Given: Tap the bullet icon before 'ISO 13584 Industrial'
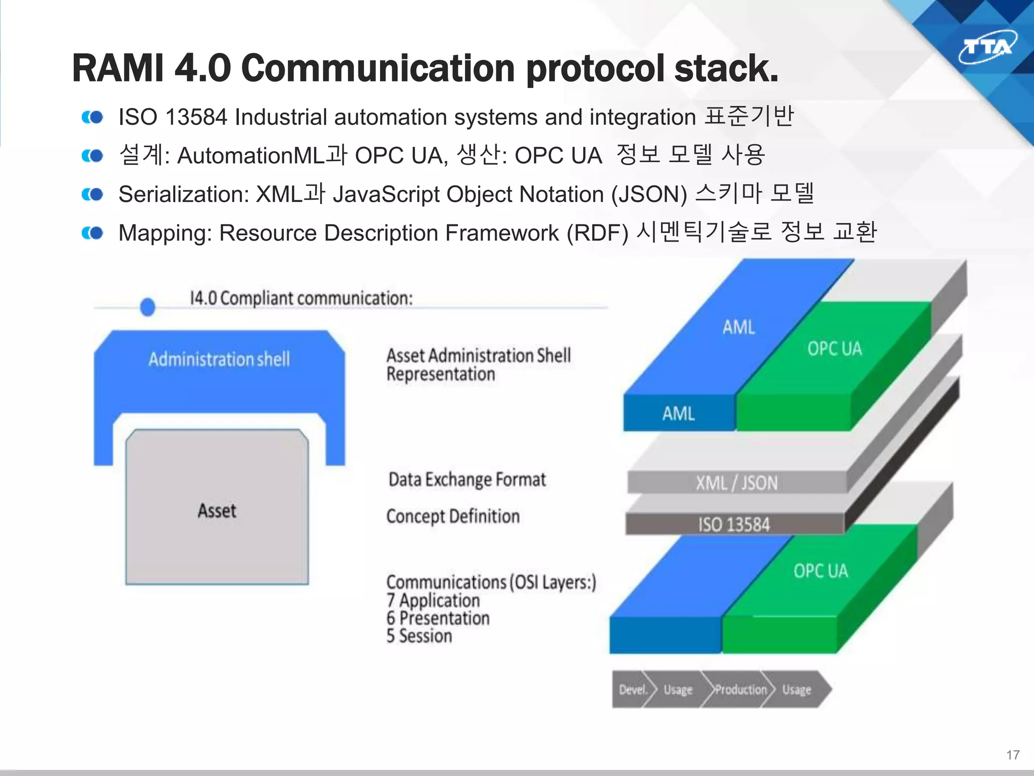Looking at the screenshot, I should (92, 117).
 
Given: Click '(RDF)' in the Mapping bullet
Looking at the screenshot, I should (597, 233).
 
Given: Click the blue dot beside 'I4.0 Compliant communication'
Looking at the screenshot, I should (147, 307).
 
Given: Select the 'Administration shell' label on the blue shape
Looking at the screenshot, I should (219, 359).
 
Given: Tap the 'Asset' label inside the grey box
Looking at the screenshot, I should (217, 510).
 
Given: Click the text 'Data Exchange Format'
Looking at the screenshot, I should (467, 479).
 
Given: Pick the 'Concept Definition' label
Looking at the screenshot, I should (453, 516).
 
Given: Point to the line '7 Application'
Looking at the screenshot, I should (433, 600).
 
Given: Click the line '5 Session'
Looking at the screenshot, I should (419, 636).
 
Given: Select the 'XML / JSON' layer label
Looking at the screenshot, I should (736, 483).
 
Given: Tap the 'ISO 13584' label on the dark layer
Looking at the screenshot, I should (734, 524).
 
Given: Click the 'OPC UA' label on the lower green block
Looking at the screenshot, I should (820, 571).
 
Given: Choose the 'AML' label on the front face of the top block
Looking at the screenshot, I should (678, 414).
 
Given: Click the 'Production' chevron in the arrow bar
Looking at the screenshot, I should (740, 690).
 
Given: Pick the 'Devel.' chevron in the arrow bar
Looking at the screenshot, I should (633, 690).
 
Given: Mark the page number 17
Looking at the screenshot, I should (1013, 755).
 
